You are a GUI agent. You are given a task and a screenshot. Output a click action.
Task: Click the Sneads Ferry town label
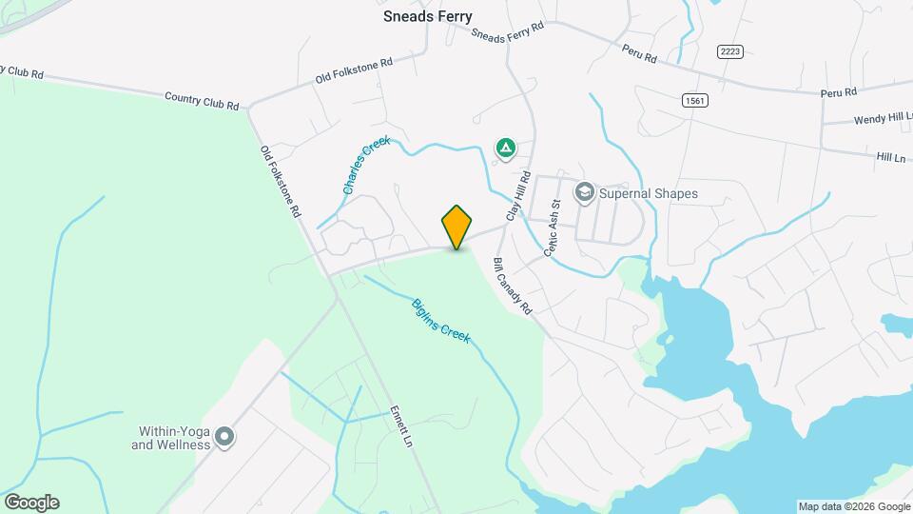click(x=427, y=16)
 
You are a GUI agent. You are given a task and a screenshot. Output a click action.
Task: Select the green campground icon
click(x=506, y=148)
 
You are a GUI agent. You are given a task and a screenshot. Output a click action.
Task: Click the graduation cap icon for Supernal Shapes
click(x=584, y=193)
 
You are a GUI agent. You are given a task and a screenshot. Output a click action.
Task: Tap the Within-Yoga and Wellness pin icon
click(x=224, y=438)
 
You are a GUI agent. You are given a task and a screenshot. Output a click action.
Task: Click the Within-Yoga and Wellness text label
click(x=170, y=438)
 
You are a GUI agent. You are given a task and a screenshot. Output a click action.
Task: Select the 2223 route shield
click(x=730, y=51)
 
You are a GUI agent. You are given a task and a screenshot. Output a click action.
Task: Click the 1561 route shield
click(x=695, y=99)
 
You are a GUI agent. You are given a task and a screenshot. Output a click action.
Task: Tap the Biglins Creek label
click(x=441, y=322)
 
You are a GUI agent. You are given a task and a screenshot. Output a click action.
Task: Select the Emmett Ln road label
click(x=402, y=428)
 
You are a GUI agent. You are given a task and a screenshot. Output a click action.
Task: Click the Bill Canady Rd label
click(x=512, y=287)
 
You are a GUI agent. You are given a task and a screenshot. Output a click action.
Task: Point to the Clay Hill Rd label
click(x=517, y=196)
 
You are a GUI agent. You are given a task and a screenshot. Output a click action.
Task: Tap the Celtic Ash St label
click(x=554, y=228)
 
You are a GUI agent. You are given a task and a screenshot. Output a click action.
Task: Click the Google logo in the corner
click(x=31, y=503)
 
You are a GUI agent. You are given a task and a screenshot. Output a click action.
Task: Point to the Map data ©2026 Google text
click(x=854, y=506)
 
